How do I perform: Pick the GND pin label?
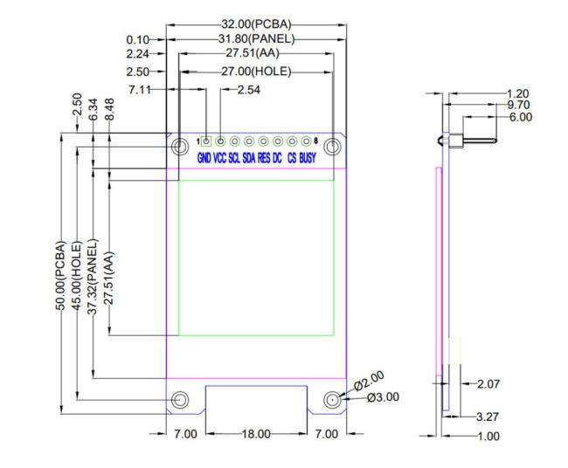coord(204,158)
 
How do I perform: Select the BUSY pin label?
coord(308,158)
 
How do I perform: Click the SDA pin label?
coord(249,158)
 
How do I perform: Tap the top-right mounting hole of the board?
coord(331,147)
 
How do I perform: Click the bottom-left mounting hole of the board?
coord(179,400)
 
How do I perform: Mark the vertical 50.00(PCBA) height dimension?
coord(61,275)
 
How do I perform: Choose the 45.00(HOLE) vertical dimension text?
coord(77,275)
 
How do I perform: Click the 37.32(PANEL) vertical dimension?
coord(93,275)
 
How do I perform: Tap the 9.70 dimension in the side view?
coord(518,105)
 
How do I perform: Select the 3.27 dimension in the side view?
coord(486,417)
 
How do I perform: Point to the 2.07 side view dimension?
coord(486,384)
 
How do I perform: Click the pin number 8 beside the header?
coord(315,141)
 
